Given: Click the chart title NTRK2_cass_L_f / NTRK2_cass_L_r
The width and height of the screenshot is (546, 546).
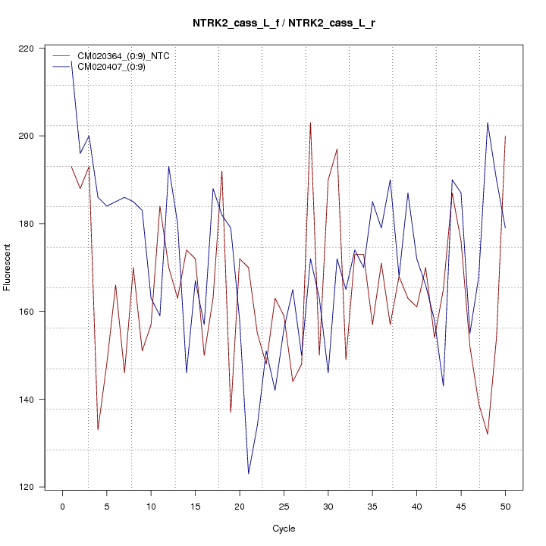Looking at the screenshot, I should pos(284,24).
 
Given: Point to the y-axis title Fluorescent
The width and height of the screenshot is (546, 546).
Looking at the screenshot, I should pos(8,267).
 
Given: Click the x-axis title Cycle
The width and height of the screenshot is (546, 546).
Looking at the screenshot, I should pos(284,529).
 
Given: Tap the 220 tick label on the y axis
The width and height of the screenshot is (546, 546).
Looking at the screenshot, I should pos(28,49).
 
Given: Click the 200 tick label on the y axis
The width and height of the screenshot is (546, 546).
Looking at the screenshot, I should pos(28,136).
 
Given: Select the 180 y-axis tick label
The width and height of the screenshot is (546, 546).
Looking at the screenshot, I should pos(28,224).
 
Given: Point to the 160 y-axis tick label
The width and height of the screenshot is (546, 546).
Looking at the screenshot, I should pos(28,312).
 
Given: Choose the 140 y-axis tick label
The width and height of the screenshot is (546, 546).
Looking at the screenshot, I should pos(28,400).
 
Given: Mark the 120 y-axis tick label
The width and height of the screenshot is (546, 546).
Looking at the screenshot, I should pos(28,487).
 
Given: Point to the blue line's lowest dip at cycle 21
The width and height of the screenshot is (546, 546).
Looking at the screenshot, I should pos(249,474).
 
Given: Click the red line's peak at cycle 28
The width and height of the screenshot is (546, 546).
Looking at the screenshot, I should pos(310,123).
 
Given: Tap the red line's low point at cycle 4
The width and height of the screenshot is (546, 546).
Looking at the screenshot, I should pos(98,430).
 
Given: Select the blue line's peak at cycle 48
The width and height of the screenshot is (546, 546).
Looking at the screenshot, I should pos(488,123).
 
